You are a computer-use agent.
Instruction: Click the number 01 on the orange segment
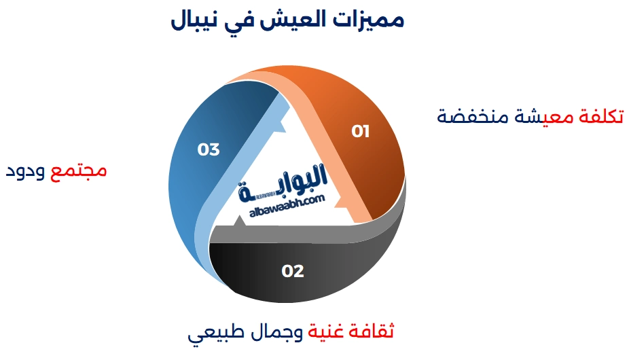[x=361, y=131]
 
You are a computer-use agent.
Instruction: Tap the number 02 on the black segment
[x=293, y=271]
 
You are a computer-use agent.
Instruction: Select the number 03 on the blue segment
[x=209, y=149]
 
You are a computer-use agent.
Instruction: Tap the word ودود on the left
[x=26, y=170]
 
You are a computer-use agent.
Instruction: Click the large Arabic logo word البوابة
[x=284, y=182]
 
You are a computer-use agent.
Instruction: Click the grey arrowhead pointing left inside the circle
[x=238, y=221]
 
